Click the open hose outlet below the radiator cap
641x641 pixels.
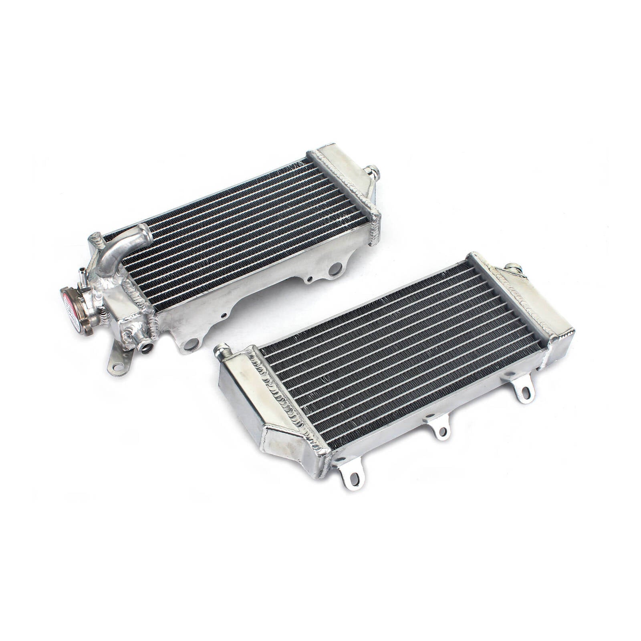coord(145,346)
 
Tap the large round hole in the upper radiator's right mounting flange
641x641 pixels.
coord(335,268)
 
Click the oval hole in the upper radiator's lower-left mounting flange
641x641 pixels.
coord(192,343)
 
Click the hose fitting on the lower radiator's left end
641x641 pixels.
coord(223,351)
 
